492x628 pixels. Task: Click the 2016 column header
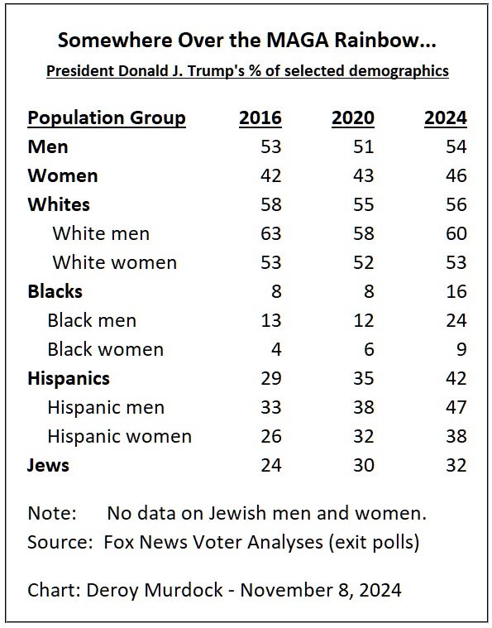click(260, 117)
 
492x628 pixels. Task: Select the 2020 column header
click(353, 117)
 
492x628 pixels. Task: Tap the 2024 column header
click(446, 117)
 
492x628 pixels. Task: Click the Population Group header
click(107, 118)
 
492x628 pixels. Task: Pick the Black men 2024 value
click(456, 320)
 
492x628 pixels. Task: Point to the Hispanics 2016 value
click(271, 378)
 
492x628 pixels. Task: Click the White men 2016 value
click(271, 233)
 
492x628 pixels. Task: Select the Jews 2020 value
click(364, 465)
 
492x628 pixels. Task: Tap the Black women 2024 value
click(461, 349)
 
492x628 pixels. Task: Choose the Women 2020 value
click(364, 175)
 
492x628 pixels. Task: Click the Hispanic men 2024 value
click(456, 407)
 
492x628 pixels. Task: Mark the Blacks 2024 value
click(456, 291)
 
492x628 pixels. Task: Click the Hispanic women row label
click(120, 437)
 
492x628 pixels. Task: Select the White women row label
click(115, 263)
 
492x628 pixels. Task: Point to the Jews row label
click(48, 465)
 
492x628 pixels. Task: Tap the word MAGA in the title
click(298, 41)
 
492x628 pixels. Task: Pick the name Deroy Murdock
click(155, 590)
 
